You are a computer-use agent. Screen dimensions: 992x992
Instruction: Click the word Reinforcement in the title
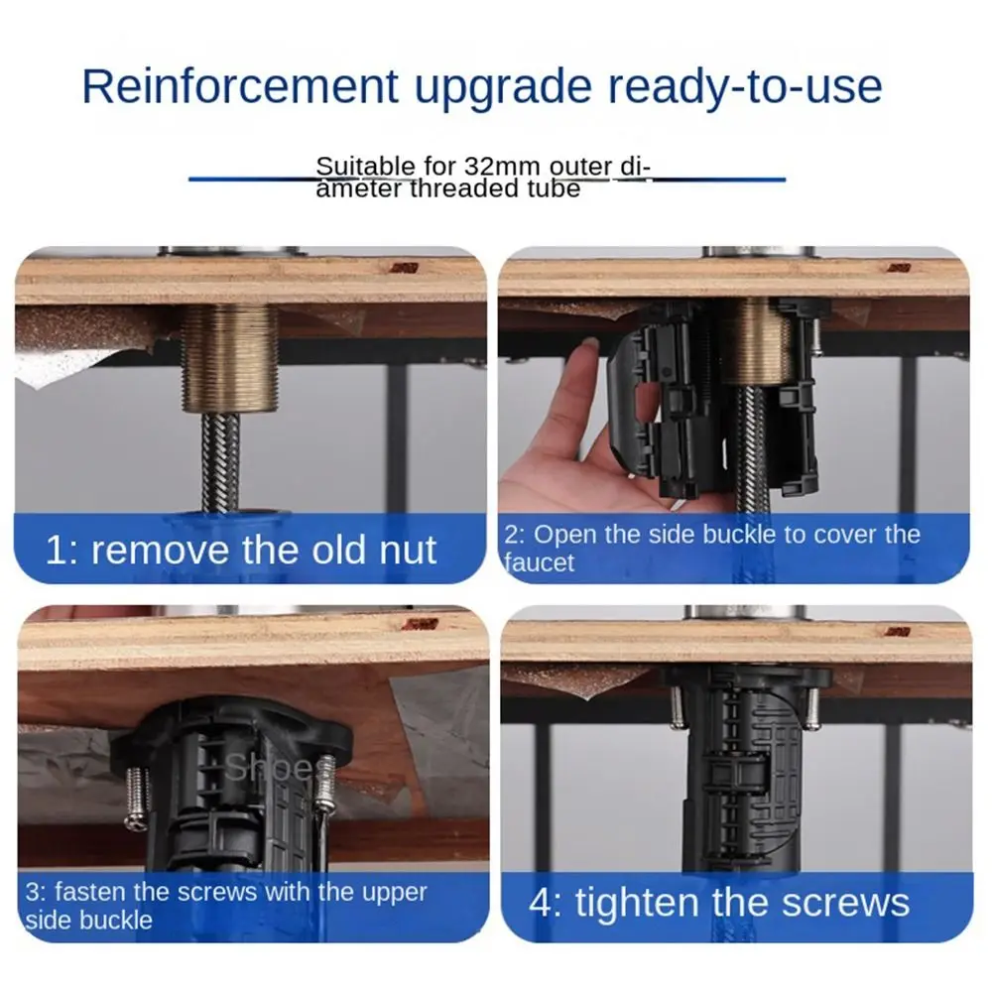click(240, 86)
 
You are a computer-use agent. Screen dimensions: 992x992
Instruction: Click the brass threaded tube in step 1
click(230, 358)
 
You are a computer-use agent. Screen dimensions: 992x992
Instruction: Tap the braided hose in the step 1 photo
click(221, 462)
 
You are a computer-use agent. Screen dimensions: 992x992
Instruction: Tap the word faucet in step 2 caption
click(539, 562)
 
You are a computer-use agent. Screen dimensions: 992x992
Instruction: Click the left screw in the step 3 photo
click(137, 798)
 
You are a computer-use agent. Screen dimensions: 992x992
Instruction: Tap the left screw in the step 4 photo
click(677, 706)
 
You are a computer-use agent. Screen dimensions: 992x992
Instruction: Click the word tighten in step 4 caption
click(637, 904)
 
